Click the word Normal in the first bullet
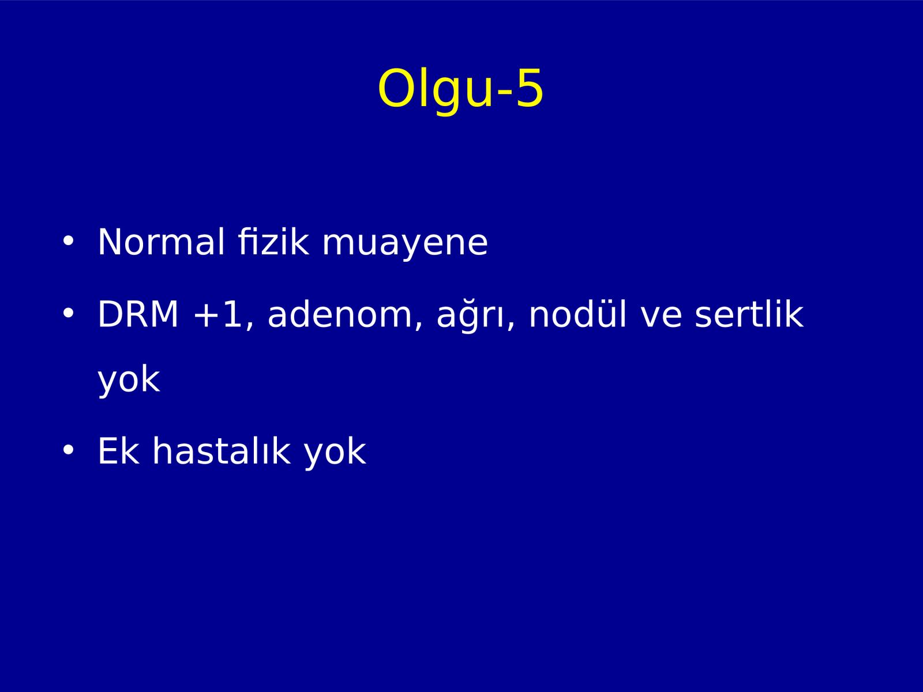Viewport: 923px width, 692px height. [x=161, y=242]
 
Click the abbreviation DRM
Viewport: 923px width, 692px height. [x=138, y=314]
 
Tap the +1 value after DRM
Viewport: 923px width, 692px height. [x=218, y=314]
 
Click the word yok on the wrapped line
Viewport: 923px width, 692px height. [x=129, y=379]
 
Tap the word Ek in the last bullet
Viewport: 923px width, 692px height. [x=119, y=451]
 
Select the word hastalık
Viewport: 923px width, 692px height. [x=222, y=450]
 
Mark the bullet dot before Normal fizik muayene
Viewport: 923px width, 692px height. [x=68, y=241]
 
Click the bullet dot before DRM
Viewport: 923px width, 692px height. [x=68, y=313]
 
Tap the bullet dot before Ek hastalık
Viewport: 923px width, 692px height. [x=68, y=450]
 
